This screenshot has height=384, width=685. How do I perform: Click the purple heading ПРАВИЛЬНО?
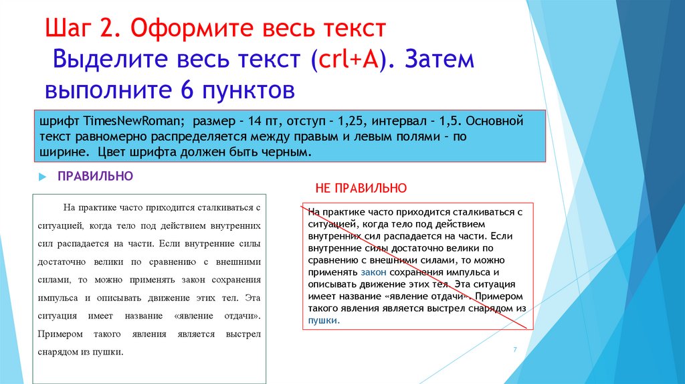coord(96,176)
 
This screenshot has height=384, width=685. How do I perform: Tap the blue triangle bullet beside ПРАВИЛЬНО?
coord(41,177)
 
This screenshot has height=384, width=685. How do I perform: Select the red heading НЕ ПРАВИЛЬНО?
coord(361,188)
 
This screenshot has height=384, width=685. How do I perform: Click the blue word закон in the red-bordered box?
coord(373,272)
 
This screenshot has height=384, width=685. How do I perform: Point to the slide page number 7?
coord(515,350)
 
